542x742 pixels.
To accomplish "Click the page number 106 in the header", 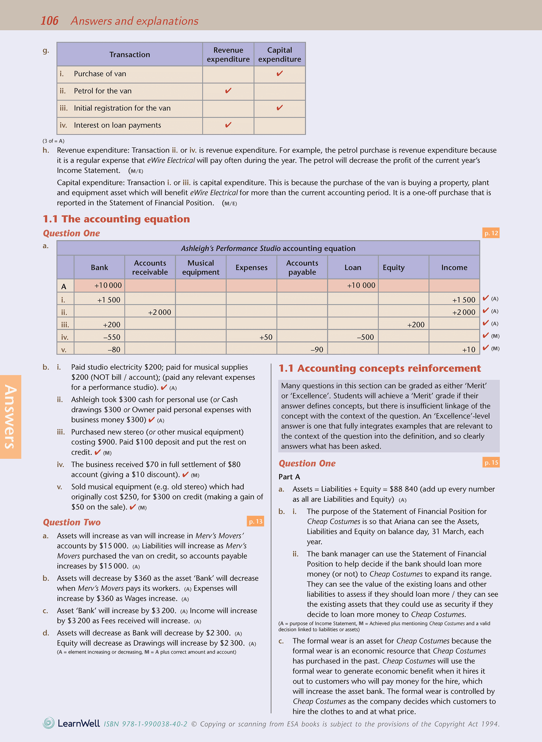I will pyautogui.click(x=49, y=21).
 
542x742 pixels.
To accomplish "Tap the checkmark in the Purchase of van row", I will pyautogui.click(x=279, y=74).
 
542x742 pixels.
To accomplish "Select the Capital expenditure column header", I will pyautogui.click(x=279, y=55).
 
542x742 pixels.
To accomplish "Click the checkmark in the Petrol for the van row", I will pyautogui.click(x=228, y=91).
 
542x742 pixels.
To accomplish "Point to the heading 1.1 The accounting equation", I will pyautogui.click(x=116, y=219).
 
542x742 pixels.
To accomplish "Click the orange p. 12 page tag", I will pyautogui.click(x=491, y=233).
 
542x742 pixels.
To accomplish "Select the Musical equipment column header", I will pyautogui.click(x=201, y=267).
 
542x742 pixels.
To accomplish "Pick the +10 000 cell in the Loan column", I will pyautogui.click(x=360, y=285).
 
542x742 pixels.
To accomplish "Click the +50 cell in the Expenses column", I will pyautogui.click(x=266, y=337).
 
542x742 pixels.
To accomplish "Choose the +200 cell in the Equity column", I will pyautogui.click(x=416, y=325).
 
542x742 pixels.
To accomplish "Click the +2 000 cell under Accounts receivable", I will pyautogui.click(x=159, y=312).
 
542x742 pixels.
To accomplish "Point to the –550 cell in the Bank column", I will pyautogui.click(x=112, y=337).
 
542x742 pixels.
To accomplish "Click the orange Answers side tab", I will pyautogui.click(x=11, y=417).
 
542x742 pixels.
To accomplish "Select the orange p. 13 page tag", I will pyautogui.click(x=255, y=521).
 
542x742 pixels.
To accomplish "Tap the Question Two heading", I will pyautogui.click(x=72, y=522).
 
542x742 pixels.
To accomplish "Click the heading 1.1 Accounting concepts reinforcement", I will pyautogui.click(x=380, y=368).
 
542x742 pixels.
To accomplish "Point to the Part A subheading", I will pyautogui.click(x=289, y=477).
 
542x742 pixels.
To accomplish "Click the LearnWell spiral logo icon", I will pyautogui.click(x=49, y=723).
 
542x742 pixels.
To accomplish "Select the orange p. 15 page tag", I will pyautogui.click(x=491, y=463).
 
